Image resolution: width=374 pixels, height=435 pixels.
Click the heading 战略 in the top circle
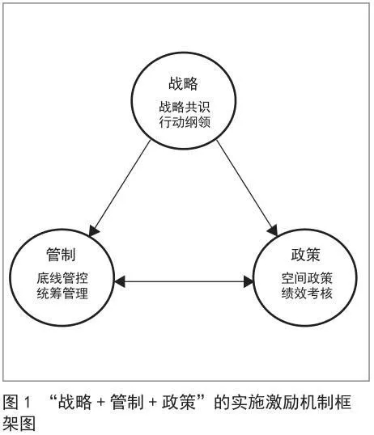pyautogui.click(x=183, y=83)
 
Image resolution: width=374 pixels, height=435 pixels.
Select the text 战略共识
pyautogui.click(x=185, y=107)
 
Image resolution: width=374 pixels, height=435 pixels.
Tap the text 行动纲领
pyautogui.click(x=185, y=122)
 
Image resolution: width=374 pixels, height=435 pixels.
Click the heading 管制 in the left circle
pyautogui.click(x=61, y=255)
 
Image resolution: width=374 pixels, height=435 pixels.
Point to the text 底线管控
pyautogui.click(x=62, y=278)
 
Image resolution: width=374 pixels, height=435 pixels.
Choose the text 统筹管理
pyautogui.click(x=62, y=294)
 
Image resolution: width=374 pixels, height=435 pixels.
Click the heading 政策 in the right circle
pyautogui.click(x=306, y=255)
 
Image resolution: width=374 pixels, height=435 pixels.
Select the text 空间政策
pyautogui.click(x=307, y=278)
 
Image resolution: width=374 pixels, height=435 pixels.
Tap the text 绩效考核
pyautogui.click(x=307, y=294)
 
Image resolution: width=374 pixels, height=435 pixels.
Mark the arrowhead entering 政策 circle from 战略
pyautogui.click(x=273, y=230)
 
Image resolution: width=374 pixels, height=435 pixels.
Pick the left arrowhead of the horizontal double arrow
pyautogui.click(x=120, y=281)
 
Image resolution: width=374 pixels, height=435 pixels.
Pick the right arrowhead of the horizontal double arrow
pyautogui.click(x=249, y=281)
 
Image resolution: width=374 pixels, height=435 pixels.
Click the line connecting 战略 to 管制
pyautogui.click(x=120, y=188)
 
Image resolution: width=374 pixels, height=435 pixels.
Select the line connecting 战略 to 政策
pyautogui.click(x=247, y=188)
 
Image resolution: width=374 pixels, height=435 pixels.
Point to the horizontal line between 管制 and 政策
pyautogui.click(x=184, y=281)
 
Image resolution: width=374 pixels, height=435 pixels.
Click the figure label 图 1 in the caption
pyautogui.click(x=16, y=402)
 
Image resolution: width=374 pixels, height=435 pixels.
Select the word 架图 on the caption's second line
pyautogui.click(x=19, y=424)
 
